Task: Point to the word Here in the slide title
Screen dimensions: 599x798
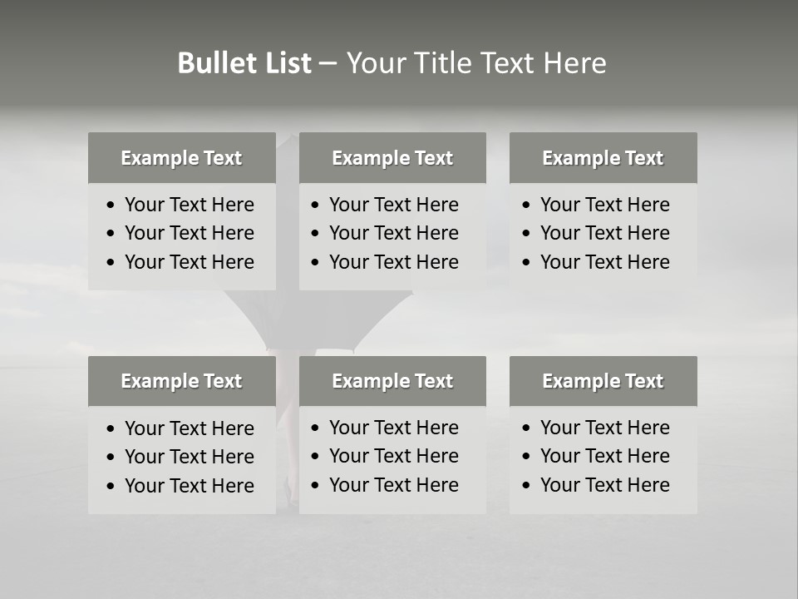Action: (x=574, y=63)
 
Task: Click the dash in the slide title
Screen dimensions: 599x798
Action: (x=328, y=64)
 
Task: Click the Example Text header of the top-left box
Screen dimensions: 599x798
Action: (x=181, y=158)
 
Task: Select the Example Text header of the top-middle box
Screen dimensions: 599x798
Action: (x=392, y=158)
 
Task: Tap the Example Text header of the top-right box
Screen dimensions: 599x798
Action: (x=603, y=158)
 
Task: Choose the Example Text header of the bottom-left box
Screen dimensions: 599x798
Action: (x=181, y=381)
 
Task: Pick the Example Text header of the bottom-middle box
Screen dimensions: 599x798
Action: (x=392, y=381)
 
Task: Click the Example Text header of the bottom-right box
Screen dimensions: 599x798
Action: (x=603, y=381)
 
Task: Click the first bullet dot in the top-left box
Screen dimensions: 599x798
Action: (x=111, y=205)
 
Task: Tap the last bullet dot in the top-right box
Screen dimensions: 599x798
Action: (x=527, y=263)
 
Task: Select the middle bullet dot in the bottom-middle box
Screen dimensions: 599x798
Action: (x=316, y=457)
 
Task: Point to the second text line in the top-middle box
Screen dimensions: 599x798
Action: (x=393, y=233)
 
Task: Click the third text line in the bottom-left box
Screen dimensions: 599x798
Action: (x=190, y=486)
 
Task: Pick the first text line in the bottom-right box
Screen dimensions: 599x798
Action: (x=604, y=428)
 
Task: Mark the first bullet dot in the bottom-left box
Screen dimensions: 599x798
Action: (x=111, y=429)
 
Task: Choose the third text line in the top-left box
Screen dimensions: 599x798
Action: (x=190, y=262)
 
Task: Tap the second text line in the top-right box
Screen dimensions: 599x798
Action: (x=604, y=233)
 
